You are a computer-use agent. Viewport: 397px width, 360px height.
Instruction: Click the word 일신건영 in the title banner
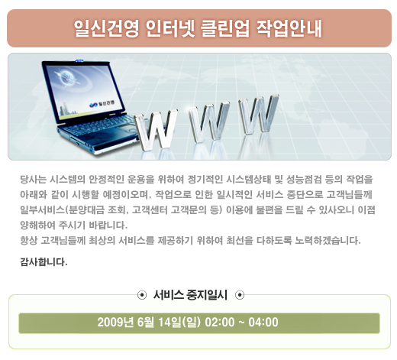[107, 28]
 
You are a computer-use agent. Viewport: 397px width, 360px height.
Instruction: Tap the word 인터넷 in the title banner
[170, 28]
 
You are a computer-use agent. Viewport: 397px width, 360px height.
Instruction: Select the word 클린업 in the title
[225, 28]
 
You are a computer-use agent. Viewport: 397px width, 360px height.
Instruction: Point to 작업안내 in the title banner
[289, 28]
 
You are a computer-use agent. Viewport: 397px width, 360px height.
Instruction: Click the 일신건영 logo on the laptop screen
[102, 104]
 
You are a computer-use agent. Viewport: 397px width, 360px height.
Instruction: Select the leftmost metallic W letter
[156, 130]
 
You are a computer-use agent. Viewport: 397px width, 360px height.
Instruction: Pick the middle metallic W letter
[209, 122]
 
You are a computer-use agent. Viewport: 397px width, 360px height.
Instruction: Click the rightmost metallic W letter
[258, 114]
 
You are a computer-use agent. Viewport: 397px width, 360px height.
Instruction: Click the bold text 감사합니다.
[44, 262]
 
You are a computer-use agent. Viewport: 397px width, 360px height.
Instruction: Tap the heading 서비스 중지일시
[190, 295]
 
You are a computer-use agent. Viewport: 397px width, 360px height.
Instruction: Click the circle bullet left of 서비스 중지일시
[142, 295]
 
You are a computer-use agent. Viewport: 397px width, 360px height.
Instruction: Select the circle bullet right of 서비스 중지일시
[240, 295]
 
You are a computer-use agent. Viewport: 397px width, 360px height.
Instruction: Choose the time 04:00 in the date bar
[263, 323]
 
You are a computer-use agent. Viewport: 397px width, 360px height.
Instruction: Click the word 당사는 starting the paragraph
[33, 180]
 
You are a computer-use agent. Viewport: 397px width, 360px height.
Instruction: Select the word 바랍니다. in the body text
[108, 225]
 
